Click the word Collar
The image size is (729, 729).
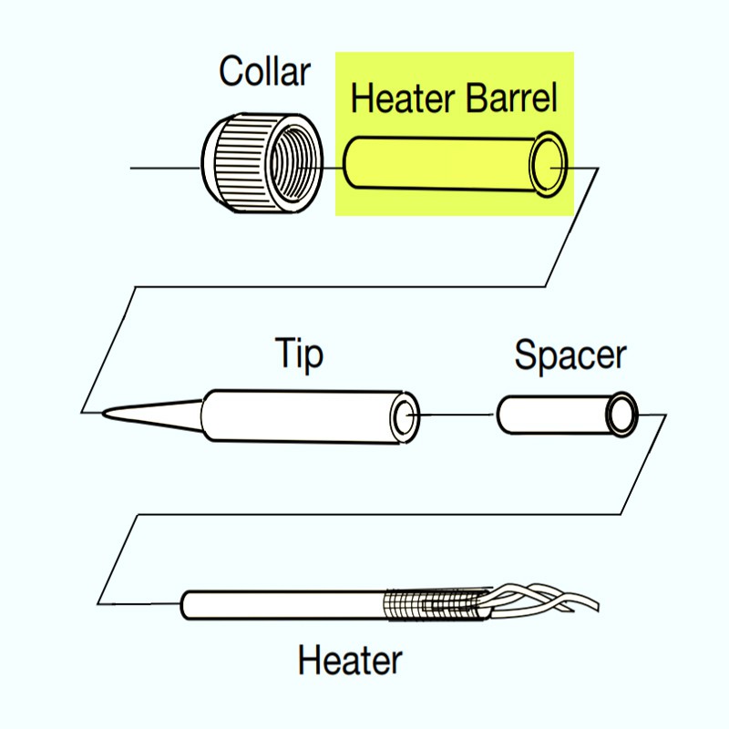[264, 71]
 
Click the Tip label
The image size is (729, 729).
[300, 354]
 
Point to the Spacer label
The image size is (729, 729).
[570, 355]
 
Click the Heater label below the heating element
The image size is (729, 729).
[350, 659]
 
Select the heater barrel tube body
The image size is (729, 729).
[437, 164]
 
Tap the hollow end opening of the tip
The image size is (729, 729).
[404, 417]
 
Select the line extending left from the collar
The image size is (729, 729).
[164, 169]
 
